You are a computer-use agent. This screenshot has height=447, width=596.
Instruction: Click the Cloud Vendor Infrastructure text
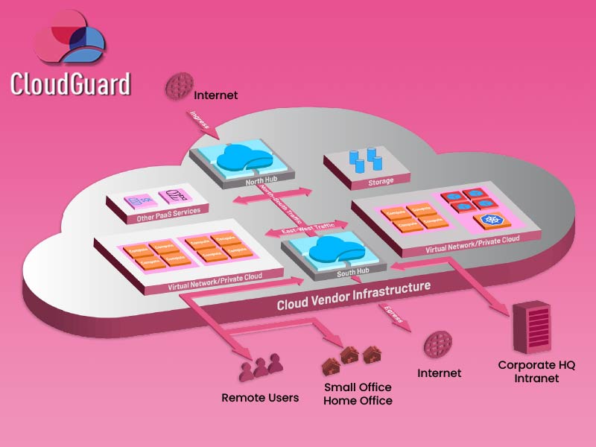tap(353, 295)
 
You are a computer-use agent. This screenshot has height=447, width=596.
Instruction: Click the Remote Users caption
tap(260, 398)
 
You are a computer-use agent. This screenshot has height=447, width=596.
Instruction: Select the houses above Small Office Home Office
tap(351, 360)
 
